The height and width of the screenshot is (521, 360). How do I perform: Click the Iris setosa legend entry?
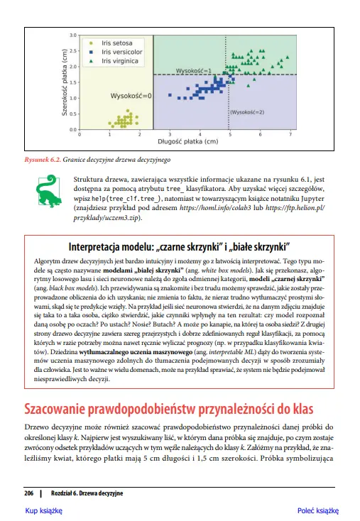pos(116,43)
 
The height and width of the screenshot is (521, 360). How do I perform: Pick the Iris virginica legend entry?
pos(119,61)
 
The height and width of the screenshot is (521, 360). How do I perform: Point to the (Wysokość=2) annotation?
pos(246,112)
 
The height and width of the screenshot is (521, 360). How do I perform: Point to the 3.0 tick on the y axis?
pos(72,35)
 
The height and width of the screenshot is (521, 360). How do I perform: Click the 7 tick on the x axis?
pos(290,134)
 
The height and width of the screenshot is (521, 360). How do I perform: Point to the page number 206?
pos(29,492)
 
